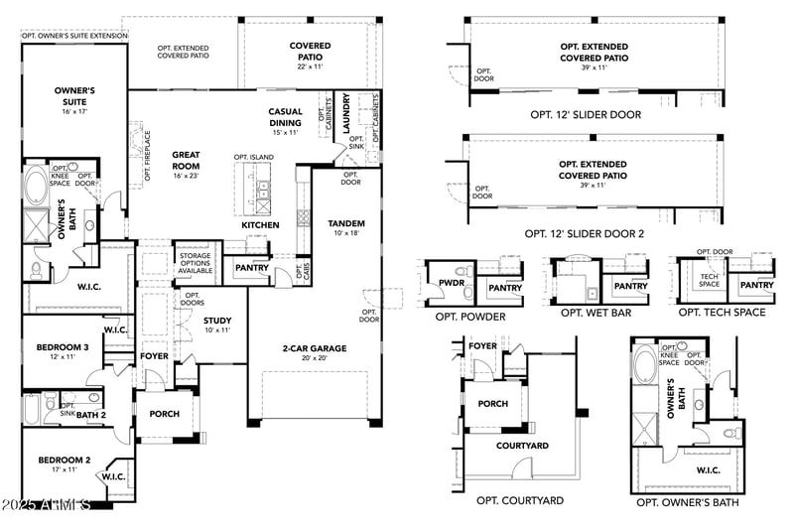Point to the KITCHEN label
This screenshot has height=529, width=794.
click(260, 225)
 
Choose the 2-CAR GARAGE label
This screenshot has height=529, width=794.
click(314, 348)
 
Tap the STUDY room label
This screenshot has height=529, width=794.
click(217, 321)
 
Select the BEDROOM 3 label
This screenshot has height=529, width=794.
click(64, 347)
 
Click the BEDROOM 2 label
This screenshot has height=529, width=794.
click(64, 461)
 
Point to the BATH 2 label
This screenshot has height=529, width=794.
click(90, 415)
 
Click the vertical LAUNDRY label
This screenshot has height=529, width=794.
click(345, 112)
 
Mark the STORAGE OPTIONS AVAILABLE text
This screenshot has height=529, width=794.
click(195, 262)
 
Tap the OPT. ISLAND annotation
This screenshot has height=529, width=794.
click(255, 157)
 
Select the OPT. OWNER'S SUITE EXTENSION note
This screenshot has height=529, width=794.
click(74, 35)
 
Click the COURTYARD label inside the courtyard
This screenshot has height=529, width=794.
click(522, 447)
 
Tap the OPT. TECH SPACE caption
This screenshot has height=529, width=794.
click(722, 313)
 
